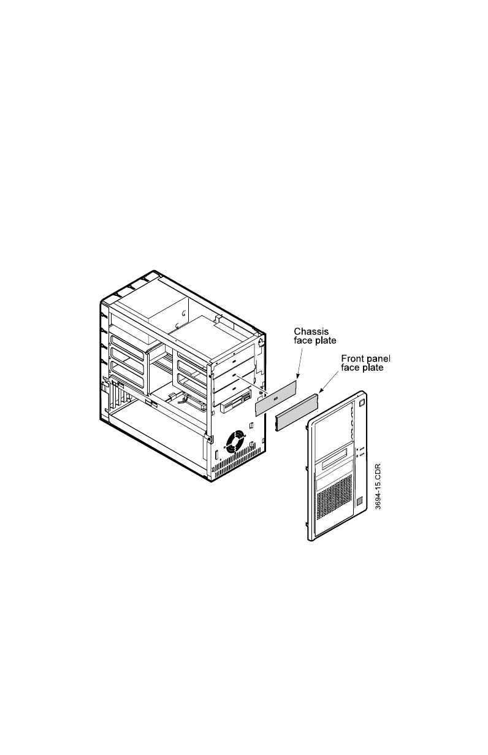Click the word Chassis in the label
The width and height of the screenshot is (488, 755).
[x=305, y=332]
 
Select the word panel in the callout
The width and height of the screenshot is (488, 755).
[x=379, y=358]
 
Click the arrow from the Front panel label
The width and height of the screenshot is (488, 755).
[x=326, y=384]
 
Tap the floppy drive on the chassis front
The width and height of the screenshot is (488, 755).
[x=236, y=406]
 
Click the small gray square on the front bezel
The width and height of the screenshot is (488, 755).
[x=360, y=502]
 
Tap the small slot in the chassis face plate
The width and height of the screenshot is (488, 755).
[x=275, y=399]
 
